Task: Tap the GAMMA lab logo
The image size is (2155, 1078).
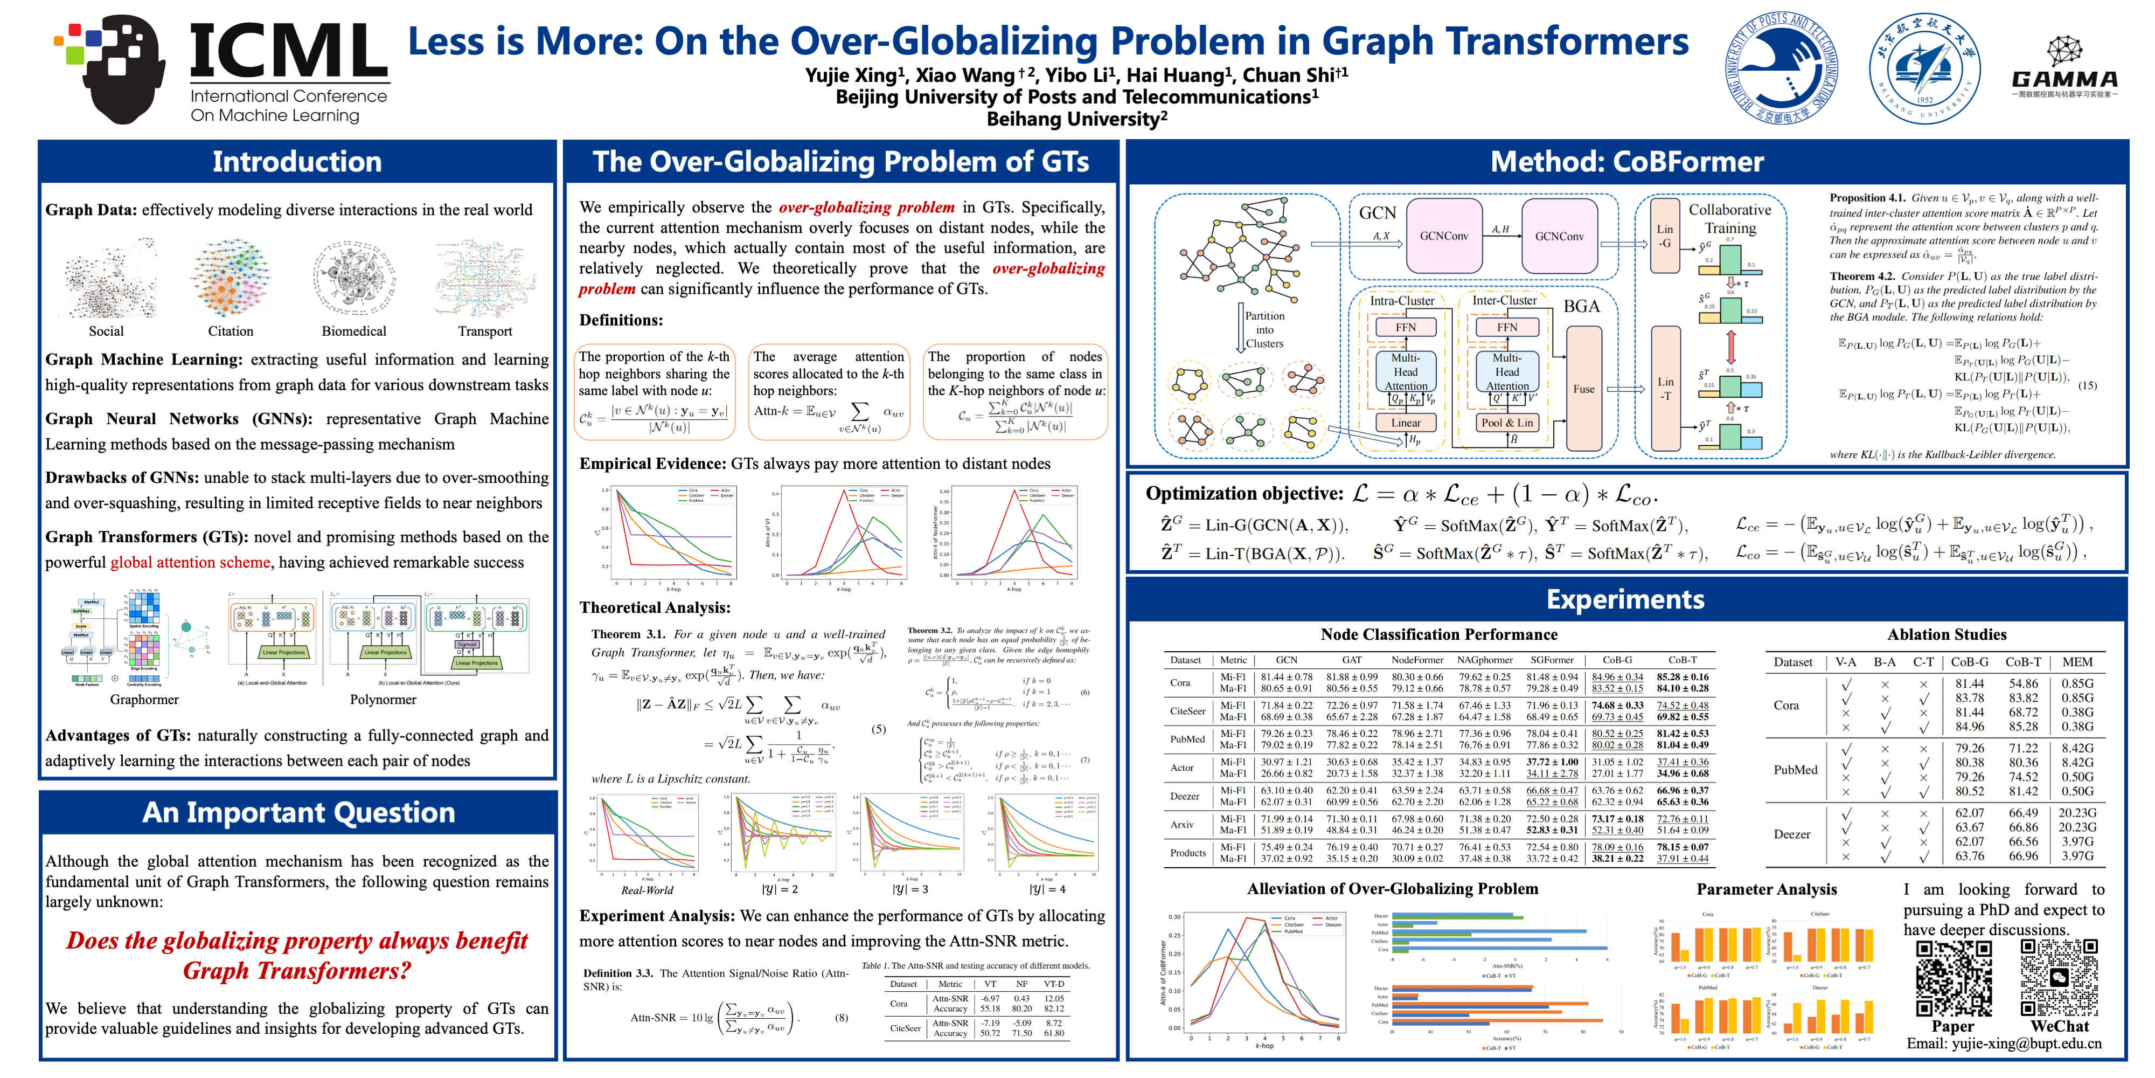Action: point(2064,67)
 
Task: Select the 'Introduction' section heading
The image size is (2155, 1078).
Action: point(297,162)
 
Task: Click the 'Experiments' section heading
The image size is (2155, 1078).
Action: point(1625,599)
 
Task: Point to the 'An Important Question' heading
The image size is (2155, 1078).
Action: point(298,813)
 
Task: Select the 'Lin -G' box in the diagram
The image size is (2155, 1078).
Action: point(1665,236)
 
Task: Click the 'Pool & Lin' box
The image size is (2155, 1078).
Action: point(1507,423)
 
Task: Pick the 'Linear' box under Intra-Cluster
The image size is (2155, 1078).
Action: point(1406,423)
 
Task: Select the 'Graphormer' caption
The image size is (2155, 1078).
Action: point(144,700)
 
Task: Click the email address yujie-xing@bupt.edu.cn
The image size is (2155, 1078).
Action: point(2004,1044)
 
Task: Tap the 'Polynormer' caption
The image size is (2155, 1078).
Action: point(383,700)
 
